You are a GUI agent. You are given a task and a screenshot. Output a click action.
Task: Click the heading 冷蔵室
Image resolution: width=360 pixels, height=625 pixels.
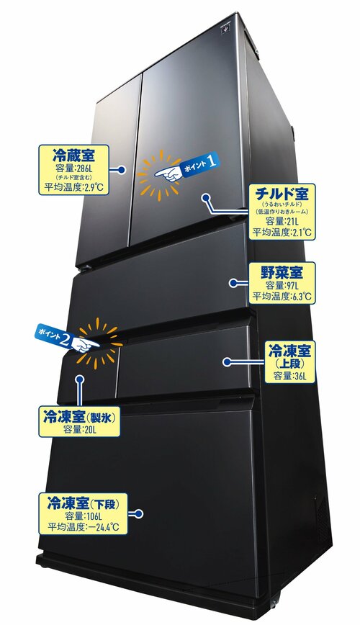[74, 155]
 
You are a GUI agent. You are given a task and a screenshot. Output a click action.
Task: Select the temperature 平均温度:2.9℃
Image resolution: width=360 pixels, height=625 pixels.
[73, 187]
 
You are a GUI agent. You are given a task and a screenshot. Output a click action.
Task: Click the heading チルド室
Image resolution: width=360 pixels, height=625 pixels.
[282, 194]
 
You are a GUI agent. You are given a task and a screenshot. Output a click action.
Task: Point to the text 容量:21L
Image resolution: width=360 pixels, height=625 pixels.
[282, 222]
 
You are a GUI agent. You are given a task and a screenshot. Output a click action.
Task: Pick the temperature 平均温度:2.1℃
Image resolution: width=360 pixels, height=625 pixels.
[282, 233]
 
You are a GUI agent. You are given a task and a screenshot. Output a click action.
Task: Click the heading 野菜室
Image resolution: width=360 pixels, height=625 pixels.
[282, 272]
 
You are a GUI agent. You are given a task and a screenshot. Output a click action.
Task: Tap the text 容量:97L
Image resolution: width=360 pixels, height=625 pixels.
[282, 286]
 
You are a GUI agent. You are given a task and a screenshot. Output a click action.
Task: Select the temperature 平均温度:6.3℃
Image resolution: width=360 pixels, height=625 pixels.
[282, 297]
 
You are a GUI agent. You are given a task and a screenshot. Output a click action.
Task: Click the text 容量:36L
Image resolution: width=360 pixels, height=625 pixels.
[290, 376]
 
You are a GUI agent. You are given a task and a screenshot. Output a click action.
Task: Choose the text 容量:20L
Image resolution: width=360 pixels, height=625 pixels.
[80, 430]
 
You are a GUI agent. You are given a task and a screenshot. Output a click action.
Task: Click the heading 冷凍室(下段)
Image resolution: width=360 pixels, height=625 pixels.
[82, 503]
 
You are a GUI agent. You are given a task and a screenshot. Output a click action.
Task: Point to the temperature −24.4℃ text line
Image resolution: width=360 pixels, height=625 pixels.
[83, 527]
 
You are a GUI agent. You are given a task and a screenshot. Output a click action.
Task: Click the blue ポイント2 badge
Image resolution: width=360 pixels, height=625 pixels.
[55, 336]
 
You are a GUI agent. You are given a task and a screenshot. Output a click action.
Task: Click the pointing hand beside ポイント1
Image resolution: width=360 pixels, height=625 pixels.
[168, 174]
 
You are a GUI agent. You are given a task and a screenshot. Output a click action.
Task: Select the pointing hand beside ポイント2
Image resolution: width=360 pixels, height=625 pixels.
[86, 344]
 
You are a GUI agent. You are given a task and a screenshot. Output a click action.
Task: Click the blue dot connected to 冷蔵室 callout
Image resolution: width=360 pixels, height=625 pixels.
[122, 170]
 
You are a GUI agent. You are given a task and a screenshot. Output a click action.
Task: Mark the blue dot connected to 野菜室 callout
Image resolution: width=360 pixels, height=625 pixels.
[233, 283]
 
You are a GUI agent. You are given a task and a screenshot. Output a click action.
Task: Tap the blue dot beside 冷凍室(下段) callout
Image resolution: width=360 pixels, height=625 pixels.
[138, 514]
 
